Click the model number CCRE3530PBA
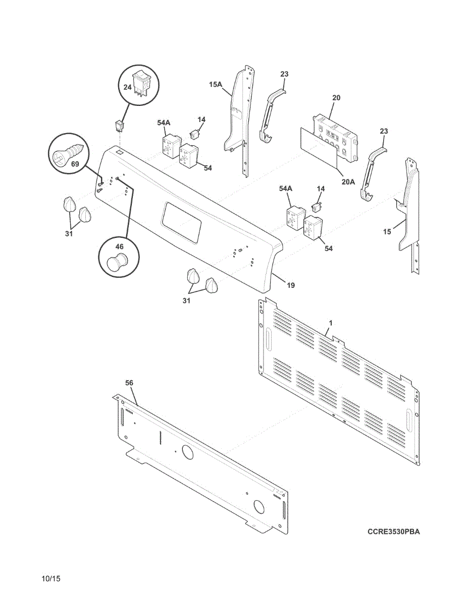tap(393, 531)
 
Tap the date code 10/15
tap(52, 579)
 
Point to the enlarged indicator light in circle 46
tap(118, 264)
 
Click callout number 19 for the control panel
tap(291, 285)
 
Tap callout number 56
tap(129, 383)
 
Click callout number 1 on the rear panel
tap(331, 322)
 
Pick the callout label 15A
tap(216, 85)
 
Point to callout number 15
tap(387, 232)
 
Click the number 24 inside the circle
tap(127, 87)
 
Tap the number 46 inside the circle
tap(119, 247)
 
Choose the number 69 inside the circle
tap(75, 164)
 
